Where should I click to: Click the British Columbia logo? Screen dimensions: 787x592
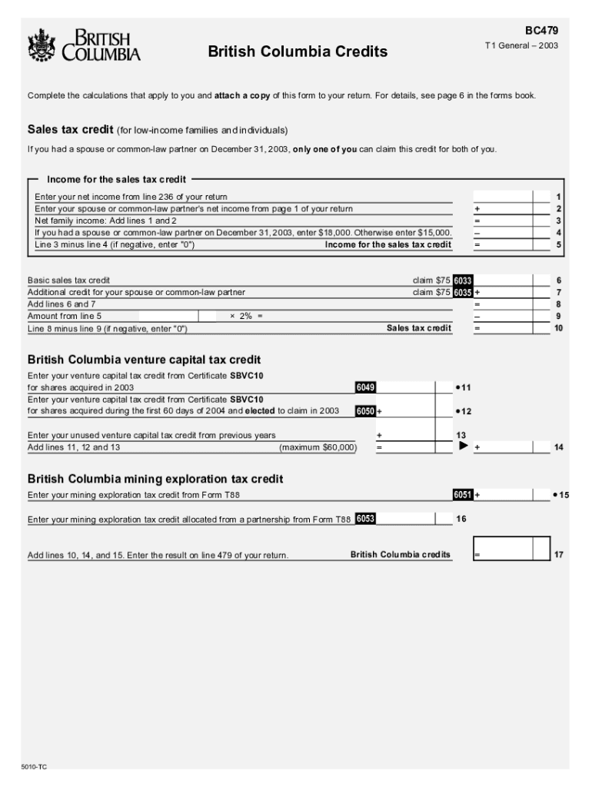[84, 45]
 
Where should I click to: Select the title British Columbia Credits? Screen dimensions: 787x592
[298, 52]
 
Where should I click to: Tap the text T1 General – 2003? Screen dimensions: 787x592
[520, 46]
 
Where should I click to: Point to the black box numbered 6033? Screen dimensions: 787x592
[462, 281]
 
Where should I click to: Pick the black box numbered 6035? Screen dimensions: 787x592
[462, 293]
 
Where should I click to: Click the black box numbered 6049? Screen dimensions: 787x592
[364, 387]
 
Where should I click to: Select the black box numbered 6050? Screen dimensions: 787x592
[364, 411]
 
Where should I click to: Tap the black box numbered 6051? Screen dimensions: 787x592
[462, 495]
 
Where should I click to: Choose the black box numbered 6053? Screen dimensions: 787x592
[365, 520]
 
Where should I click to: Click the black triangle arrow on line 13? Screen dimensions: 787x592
[464, 445]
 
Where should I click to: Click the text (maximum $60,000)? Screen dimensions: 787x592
[318, 447]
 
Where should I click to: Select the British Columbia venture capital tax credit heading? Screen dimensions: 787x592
[144, 360]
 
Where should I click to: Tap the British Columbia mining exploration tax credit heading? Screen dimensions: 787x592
[155, 479]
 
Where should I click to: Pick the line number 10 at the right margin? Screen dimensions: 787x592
[558, 328]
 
